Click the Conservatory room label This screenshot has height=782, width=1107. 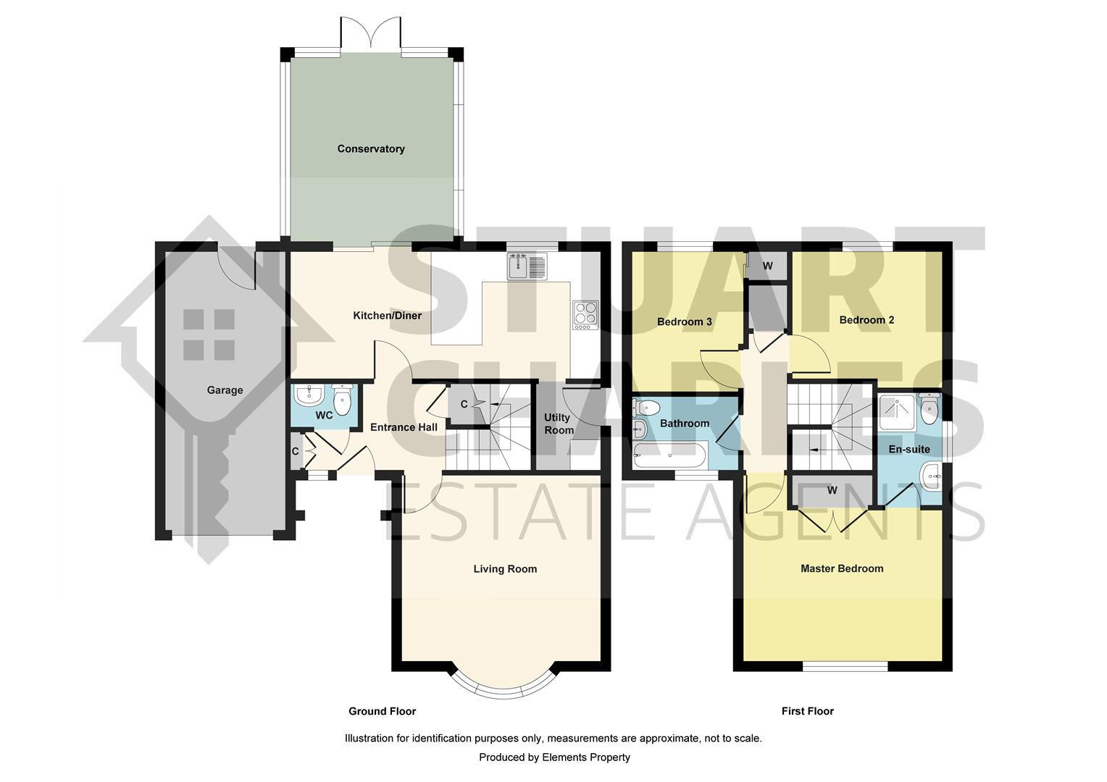370,149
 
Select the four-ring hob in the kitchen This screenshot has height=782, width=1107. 585,316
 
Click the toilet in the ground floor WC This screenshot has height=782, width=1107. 342,399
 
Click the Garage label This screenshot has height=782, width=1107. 225,390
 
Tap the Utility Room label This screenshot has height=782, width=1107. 559,424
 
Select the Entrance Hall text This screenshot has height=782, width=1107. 404,427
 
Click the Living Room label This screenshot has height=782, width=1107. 505,569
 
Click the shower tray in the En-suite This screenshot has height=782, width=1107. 897,411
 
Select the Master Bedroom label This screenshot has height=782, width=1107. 842,569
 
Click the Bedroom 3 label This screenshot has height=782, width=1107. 684,322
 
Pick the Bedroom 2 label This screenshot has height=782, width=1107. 866,320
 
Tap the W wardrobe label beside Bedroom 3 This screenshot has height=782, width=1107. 767,266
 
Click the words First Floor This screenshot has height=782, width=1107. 807,711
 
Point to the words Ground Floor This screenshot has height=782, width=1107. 382,711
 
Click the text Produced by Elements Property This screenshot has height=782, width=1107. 554,757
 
